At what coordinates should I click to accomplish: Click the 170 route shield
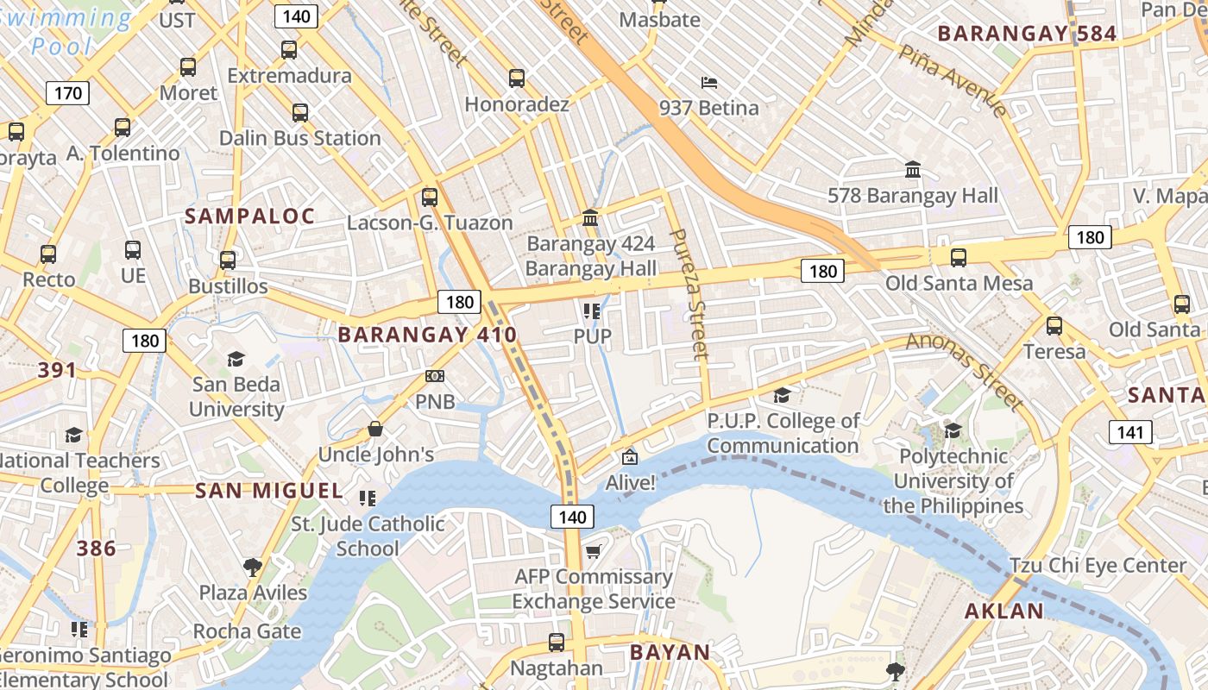pyautogui.click(x=67, y=93)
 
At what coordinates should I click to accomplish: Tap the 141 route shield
pyautogui.click(x=1130, y=432)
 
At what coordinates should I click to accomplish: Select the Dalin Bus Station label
pyautogui.click(x=299, y=138)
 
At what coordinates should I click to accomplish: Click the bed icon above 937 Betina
pyautogui.click(x=709, y=84)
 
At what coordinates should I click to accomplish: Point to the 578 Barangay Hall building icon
pyautogui.click(x=913, y=170)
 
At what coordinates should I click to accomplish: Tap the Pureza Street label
pyautogui.click(x=689, y=294)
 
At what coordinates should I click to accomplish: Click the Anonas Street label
pyautogui.click(x=964, y=371)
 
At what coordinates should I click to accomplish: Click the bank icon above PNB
pyautogui.click(x=435, y=376)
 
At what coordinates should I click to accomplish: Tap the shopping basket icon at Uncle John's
pyautogui.click(x=375, y=429)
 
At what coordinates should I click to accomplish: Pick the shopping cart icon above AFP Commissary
pyautogui.click(x=593, y=551)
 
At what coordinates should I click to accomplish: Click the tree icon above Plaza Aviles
pyautogui.click(x=253, y=567)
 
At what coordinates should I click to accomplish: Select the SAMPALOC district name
pyautogui.click(x=250, y=216)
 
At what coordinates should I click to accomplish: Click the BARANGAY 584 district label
pyautogui.click(x=1027, y=34)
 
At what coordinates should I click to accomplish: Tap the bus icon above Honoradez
pyautogui.click(x=517, y=78)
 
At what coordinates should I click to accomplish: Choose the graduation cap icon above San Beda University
pyautogui.click(x=236, y=359)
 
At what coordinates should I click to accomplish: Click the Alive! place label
pyautogui.click(x=630, y=483)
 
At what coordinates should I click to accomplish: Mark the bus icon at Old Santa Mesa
pyautogui.click(x=958, y=258)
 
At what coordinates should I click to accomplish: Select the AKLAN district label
pyautogui.click(x=1004, y=612)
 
